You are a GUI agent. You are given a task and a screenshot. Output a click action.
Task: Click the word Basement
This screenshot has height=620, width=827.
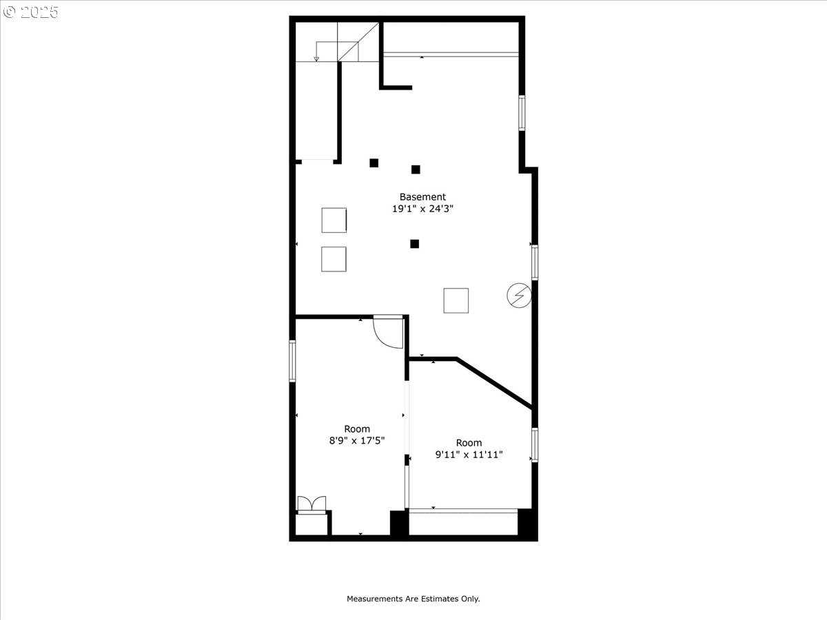click(422, 197)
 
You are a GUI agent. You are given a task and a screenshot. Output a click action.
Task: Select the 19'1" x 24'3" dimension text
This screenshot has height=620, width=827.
click(422, 209)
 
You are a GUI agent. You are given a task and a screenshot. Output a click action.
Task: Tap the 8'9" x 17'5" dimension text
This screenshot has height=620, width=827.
click(357, 440)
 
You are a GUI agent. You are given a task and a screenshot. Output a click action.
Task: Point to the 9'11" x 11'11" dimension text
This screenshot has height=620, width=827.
click(469, 455)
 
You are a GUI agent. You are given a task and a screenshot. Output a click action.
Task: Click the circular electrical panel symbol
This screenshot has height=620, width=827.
click(519, 296)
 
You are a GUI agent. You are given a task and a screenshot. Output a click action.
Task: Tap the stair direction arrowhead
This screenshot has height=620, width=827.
click(316, 59)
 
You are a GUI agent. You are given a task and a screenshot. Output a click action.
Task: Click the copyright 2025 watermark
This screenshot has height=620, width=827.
click(30, 12)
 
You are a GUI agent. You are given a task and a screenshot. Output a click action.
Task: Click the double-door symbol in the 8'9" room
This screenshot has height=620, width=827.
click(312, 504)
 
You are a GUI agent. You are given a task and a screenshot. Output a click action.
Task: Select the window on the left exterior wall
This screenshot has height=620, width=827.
click(292, 361)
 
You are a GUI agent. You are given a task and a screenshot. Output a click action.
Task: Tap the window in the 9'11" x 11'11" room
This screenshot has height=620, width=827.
click(535, 444)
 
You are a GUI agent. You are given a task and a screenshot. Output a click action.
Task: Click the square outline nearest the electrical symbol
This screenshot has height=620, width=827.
click(456, 301)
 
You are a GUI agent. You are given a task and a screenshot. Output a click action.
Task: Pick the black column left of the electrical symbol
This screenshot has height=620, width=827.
click(414, 244)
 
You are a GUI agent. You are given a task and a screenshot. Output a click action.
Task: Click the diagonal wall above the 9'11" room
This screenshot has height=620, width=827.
click(494, 383)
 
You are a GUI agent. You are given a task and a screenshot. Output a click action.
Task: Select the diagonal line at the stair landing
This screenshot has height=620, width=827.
click(358, 42)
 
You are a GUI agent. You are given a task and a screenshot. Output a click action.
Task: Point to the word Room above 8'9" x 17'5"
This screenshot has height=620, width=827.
click(357, 428)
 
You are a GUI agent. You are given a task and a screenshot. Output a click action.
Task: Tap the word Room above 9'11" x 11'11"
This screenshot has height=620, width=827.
click(469, 443)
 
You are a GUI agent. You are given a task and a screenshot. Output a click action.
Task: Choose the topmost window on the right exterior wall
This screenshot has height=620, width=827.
click(522, 113)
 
